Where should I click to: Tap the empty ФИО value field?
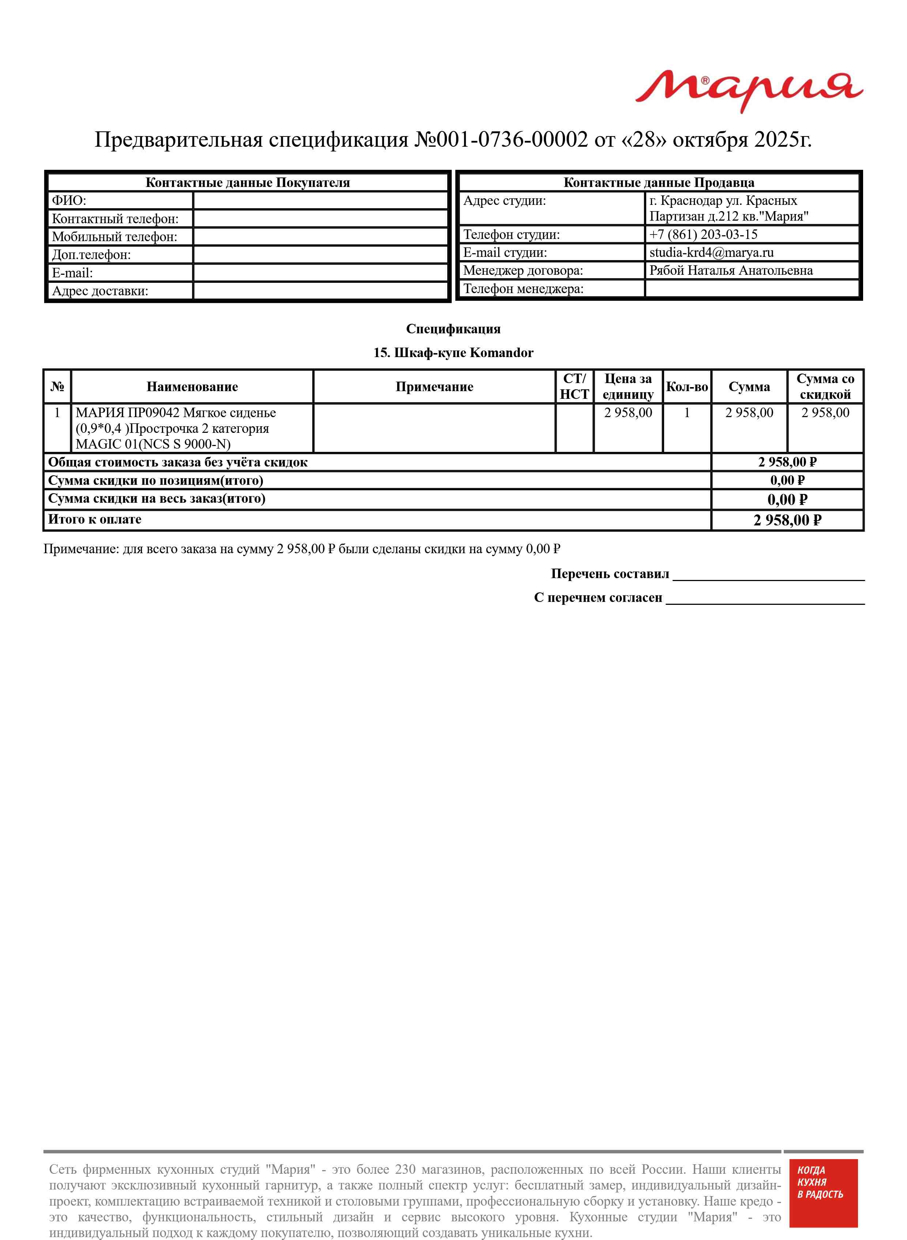pos(321,201)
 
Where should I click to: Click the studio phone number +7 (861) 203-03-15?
pos(703,235)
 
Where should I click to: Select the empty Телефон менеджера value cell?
pos(751,289)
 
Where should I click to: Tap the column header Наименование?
pos(192,387)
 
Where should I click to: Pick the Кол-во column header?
pos(687,387)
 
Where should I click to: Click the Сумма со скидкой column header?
pos(825,387)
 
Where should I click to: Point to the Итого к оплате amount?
pos(787,520)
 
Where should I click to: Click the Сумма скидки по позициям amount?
pos(787,480)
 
